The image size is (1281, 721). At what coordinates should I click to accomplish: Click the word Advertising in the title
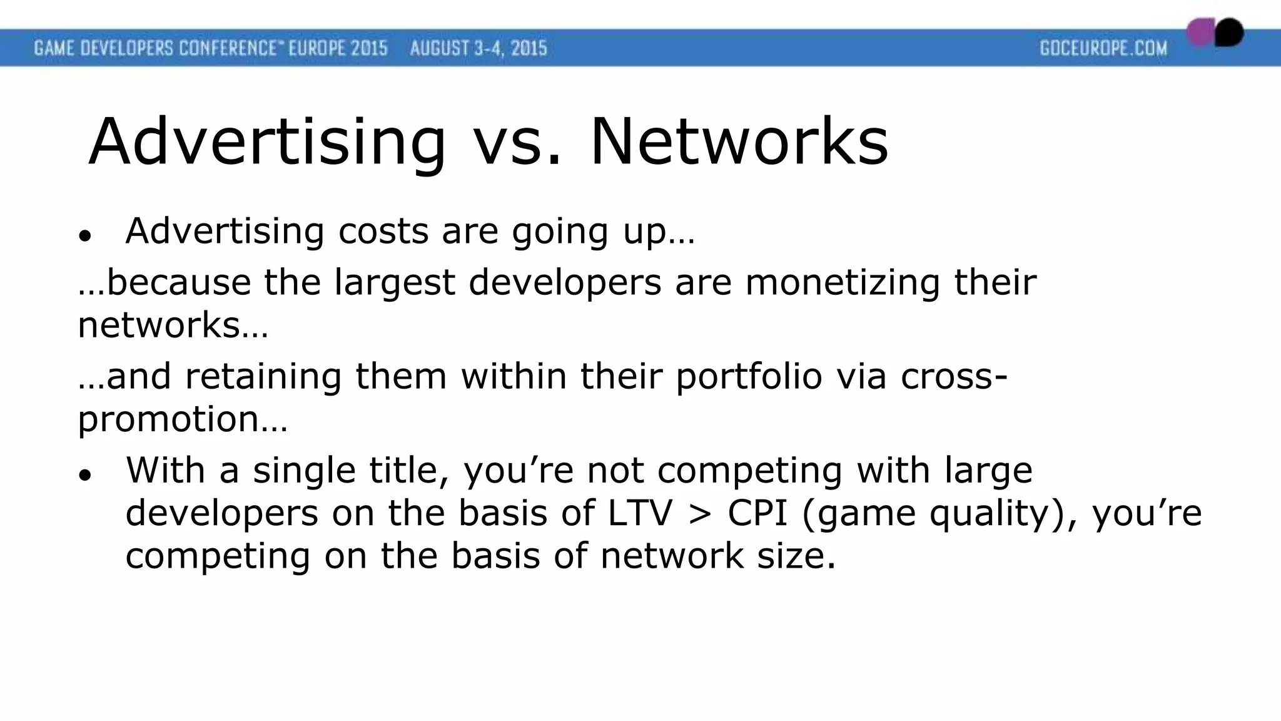click(267, 143)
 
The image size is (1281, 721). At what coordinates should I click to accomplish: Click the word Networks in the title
click(739, 143)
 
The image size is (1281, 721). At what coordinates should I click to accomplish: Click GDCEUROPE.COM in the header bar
click(1103, 48)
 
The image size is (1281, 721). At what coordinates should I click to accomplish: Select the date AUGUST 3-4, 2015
click(478, 48)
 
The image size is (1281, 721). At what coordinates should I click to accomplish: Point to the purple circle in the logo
click(1200, 33)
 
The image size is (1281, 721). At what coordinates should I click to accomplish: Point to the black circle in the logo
click(1230, 31)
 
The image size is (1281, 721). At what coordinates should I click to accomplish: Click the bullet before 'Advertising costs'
click(85, 236)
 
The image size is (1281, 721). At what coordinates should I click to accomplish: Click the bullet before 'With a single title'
click(85, 475)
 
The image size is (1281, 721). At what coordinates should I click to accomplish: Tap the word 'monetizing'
click(842, 282)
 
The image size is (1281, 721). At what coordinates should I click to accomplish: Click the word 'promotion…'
click(182, 419)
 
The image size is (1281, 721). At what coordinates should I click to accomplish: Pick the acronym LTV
click(639, 513)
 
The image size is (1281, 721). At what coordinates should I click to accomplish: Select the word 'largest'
click(394, 284)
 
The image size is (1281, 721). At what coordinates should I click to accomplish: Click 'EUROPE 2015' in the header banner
click(338, 48)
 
